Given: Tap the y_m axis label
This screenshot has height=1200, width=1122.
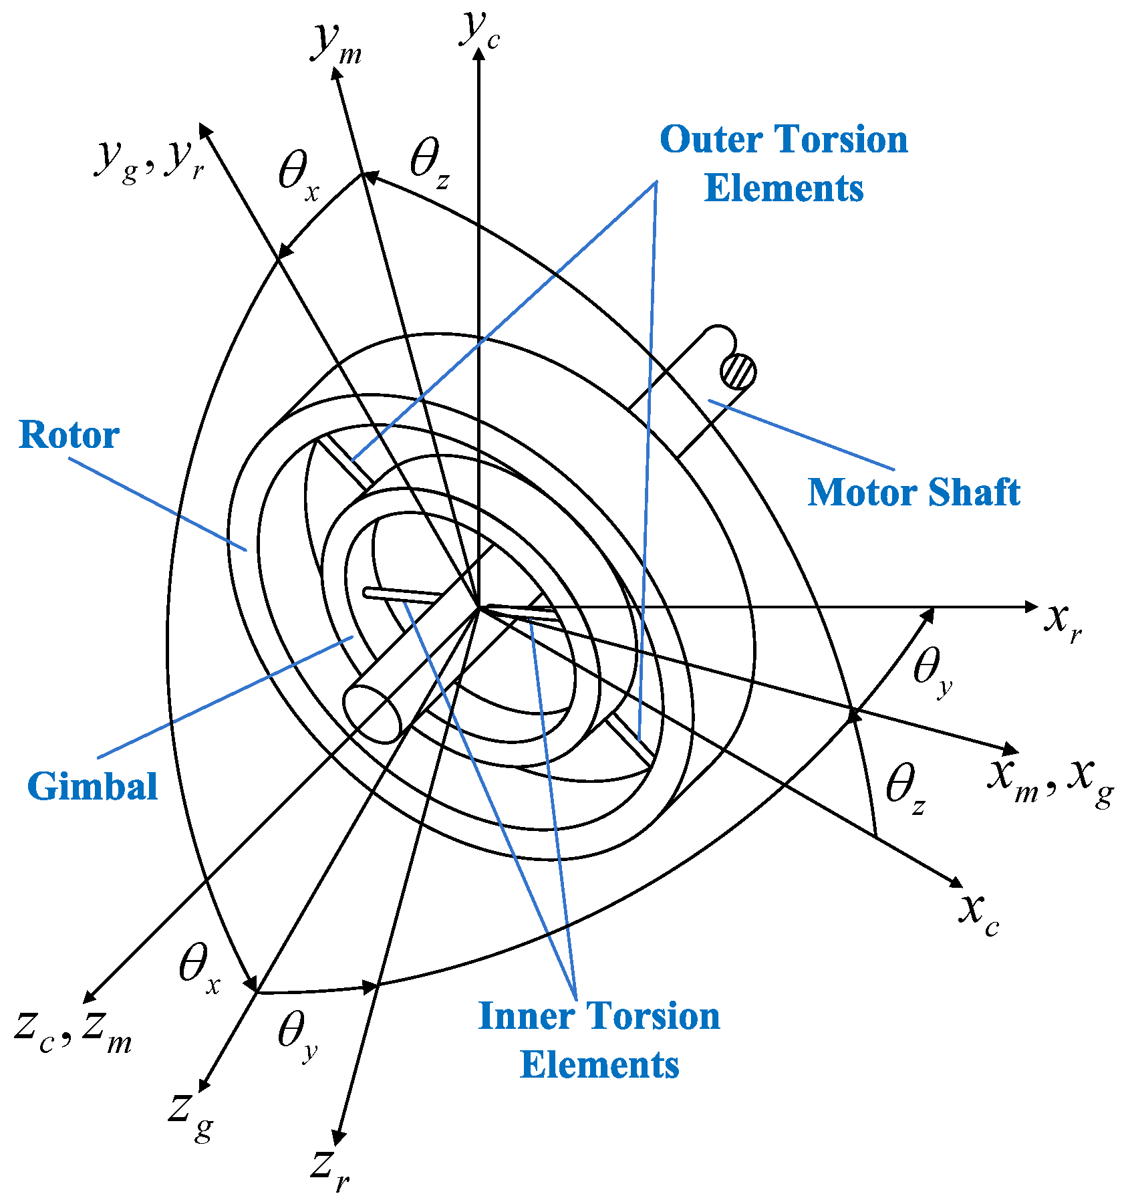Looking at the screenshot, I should click(x=336, y=44).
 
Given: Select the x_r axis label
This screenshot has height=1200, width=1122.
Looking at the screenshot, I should click(x=1063, y=622).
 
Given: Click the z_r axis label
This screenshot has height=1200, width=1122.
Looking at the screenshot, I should click(x=330, y=1169).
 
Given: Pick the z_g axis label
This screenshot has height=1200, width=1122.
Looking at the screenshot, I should click(x=191, y=1112).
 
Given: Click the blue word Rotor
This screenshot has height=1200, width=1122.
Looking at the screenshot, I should click(x=69, y=435).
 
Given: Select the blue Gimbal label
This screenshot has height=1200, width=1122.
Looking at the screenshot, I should click(x=92, y=786).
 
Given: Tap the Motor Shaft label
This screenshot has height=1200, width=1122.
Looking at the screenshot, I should click(x=914, y=493).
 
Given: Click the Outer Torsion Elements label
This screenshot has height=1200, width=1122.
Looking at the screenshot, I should click(x=784, y=164).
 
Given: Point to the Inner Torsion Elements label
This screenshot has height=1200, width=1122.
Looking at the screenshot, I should click(x=599, y=1040).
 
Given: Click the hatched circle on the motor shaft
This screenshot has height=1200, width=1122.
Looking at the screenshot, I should click(x=738, y=372).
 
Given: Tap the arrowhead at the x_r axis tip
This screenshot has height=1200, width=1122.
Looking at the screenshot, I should click(x=1031, y=606).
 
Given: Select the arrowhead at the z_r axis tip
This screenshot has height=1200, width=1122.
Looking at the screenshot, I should click(x=339, y=1136).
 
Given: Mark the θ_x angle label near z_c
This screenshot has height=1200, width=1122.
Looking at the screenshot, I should click(x=199, y=969).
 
